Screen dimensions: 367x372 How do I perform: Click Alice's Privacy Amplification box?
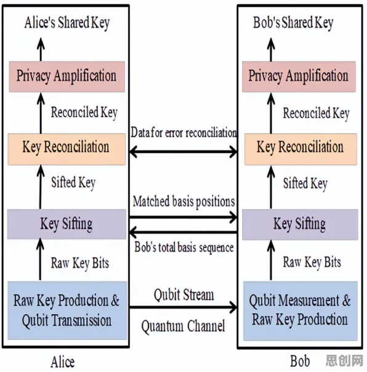(67, 76)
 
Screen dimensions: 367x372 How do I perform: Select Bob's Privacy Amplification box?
(299, 76)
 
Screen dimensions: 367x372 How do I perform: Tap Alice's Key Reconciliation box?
(67, 149)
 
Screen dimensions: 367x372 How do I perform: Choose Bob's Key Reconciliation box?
(300, 149)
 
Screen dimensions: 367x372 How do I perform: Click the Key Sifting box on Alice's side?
(67, 224)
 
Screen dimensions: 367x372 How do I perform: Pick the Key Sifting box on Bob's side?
(300, 225)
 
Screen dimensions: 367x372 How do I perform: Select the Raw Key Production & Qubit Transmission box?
(68, 310)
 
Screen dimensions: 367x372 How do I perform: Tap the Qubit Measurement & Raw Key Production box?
(300, 310)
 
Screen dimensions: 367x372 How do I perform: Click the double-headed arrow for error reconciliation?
(183, 152)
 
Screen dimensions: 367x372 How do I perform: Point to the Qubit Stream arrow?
(183, 307)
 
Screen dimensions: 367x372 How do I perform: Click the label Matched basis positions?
(183, 202)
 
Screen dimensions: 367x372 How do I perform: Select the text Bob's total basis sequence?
(184, 247)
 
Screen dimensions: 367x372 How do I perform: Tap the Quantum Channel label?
(183, 326)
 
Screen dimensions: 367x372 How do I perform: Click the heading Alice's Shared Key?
(67, 23)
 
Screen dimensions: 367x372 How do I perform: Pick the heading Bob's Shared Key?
(293, 23)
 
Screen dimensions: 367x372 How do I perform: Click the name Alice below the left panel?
(63, 362)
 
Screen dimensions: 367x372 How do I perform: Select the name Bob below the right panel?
(300, 361)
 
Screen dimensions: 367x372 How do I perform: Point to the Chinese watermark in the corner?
(344, 361)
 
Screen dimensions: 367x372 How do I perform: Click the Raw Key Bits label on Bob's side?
(312, 263)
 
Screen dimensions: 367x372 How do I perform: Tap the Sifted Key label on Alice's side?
(73, 183)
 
